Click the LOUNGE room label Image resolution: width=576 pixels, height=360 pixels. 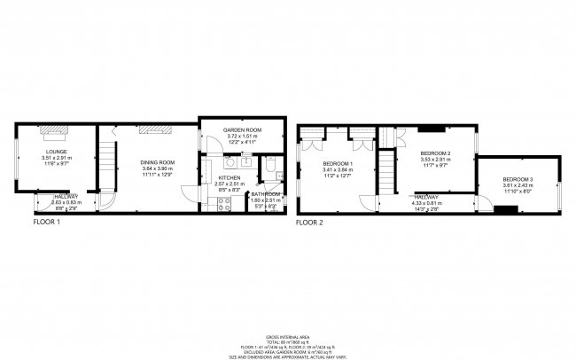tap(57, 152)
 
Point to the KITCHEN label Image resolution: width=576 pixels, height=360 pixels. tap(230, 177)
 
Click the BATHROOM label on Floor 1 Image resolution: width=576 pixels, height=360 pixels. tap(266, 193)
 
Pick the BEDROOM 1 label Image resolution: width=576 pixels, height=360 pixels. tap(338, 164)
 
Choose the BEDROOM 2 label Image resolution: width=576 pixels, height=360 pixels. tap(436, 154)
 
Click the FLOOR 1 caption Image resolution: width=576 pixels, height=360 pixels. tap(47, 222)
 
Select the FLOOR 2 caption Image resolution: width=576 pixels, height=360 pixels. tap(309, 222)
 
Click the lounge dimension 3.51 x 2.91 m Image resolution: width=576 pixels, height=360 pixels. tap(57, 158)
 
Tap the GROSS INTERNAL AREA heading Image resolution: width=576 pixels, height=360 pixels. tap(287, 338)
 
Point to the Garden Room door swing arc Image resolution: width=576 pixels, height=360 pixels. tap(206, 148)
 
